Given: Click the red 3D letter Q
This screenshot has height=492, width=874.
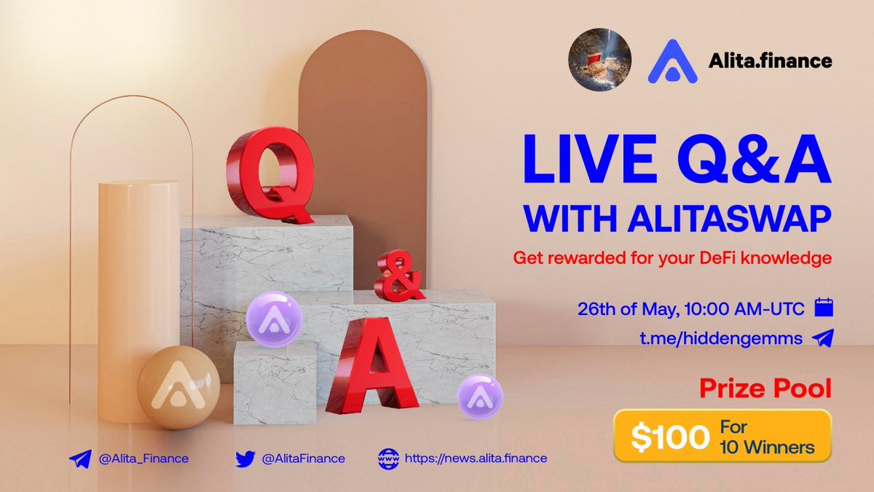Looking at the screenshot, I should tap(269, 175).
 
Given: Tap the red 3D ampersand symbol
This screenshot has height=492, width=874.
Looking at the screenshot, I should tap(398, 278).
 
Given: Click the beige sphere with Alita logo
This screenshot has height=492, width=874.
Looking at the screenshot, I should tap(169, 388).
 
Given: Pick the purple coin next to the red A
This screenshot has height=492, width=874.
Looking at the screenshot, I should tap(479, 397).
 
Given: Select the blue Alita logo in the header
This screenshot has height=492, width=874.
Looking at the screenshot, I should tap(672, 60).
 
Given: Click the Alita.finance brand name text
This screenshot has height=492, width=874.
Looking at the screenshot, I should tap(770, 60).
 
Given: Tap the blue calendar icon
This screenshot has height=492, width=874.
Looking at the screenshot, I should tap(823, 307).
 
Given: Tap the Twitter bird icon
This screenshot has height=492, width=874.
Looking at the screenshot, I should tap(245, 458).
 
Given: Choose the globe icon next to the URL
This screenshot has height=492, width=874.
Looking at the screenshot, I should tap(388, 458).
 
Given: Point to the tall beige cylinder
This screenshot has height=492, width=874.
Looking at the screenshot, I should tap(138, 292).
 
